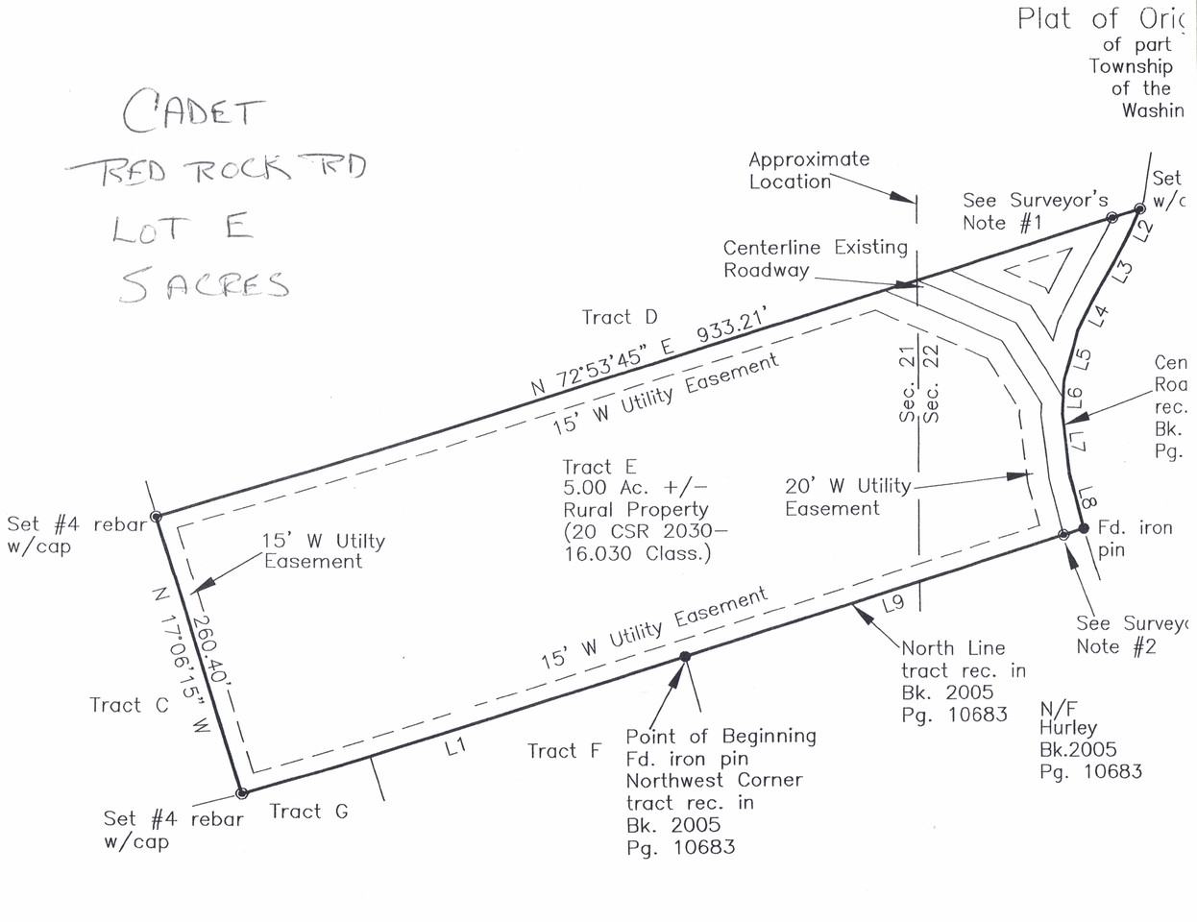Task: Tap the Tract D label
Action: coord(620,317)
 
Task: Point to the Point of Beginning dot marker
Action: coord(685,657)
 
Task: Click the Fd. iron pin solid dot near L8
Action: coord(1083,528)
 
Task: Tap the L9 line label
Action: coord(892,603)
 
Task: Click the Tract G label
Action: coord(308,812)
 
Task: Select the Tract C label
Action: coord(129,705)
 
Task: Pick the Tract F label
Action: coord(564,751)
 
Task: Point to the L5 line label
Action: coord(1082,358)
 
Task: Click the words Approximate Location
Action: coord(808,170)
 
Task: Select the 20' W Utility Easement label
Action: coord(846,497)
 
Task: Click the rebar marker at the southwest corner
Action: coord(242,793)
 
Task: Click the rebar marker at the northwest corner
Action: coord(157,517)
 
